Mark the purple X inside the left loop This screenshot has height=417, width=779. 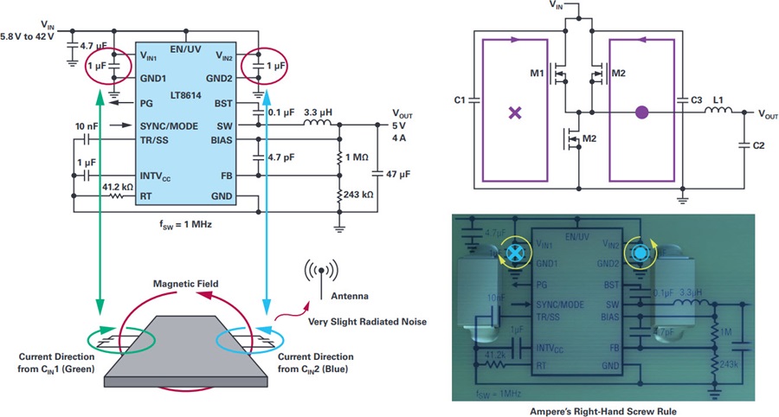coord(516,112)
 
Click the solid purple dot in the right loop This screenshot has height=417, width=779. coord(641,112)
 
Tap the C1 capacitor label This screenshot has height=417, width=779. coord(460,101)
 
